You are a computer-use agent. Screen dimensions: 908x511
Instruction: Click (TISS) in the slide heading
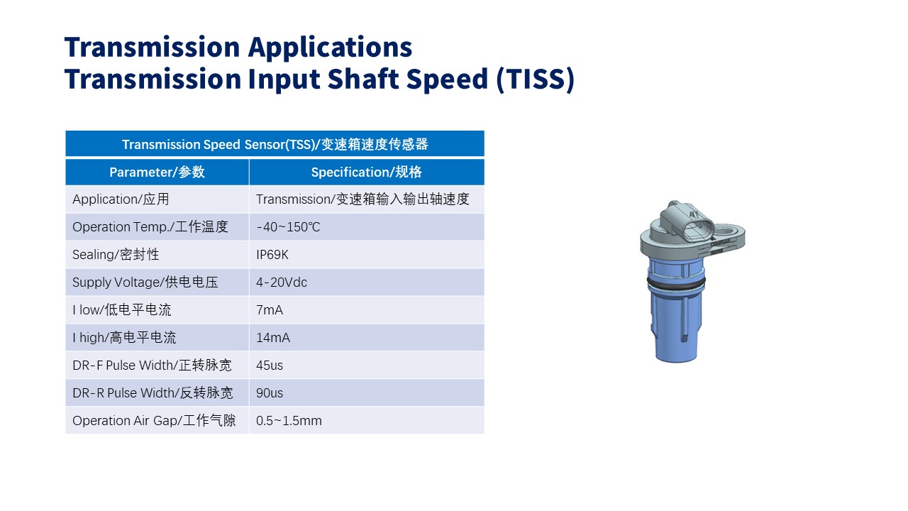535,79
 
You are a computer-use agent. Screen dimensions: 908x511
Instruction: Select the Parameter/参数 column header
157,172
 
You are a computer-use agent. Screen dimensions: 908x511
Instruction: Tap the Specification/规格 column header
367,172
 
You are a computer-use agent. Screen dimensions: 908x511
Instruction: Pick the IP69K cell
272,255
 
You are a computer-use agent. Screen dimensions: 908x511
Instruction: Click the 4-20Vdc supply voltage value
282,282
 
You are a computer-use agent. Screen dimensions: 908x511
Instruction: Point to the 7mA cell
269,310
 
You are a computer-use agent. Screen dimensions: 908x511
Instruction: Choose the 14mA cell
273,337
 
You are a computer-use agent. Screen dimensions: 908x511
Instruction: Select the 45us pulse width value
269,366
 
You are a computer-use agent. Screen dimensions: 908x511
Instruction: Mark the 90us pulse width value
269,393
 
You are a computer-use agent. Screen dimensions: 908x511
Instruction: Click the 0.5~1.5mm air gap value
289,421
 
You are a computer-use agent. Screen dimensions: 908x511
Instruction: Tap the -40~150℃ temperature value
288,226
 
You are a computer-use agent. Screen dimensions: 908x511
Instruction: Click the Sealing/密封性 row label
116,255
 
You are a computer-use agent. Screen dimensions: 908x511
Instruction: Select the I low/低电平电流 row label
121,310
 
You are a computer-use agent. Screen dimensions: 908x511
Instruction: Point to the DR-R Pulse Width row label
153,393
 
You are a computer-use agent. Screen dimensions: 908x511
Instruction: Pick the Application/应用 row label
121,199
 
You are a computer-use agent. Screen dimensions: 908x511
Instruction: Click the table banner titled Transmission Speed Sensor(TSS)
275,144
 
